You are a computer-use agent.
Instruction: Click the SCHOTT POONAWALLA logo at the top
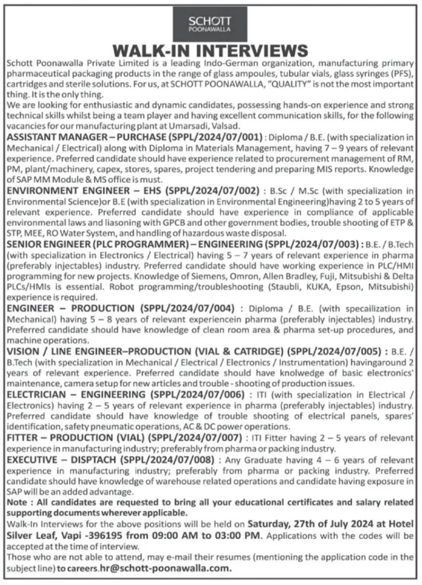coord(210,23)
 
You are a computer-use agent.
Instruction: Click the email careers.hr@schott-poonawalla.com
coord(145,568)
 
